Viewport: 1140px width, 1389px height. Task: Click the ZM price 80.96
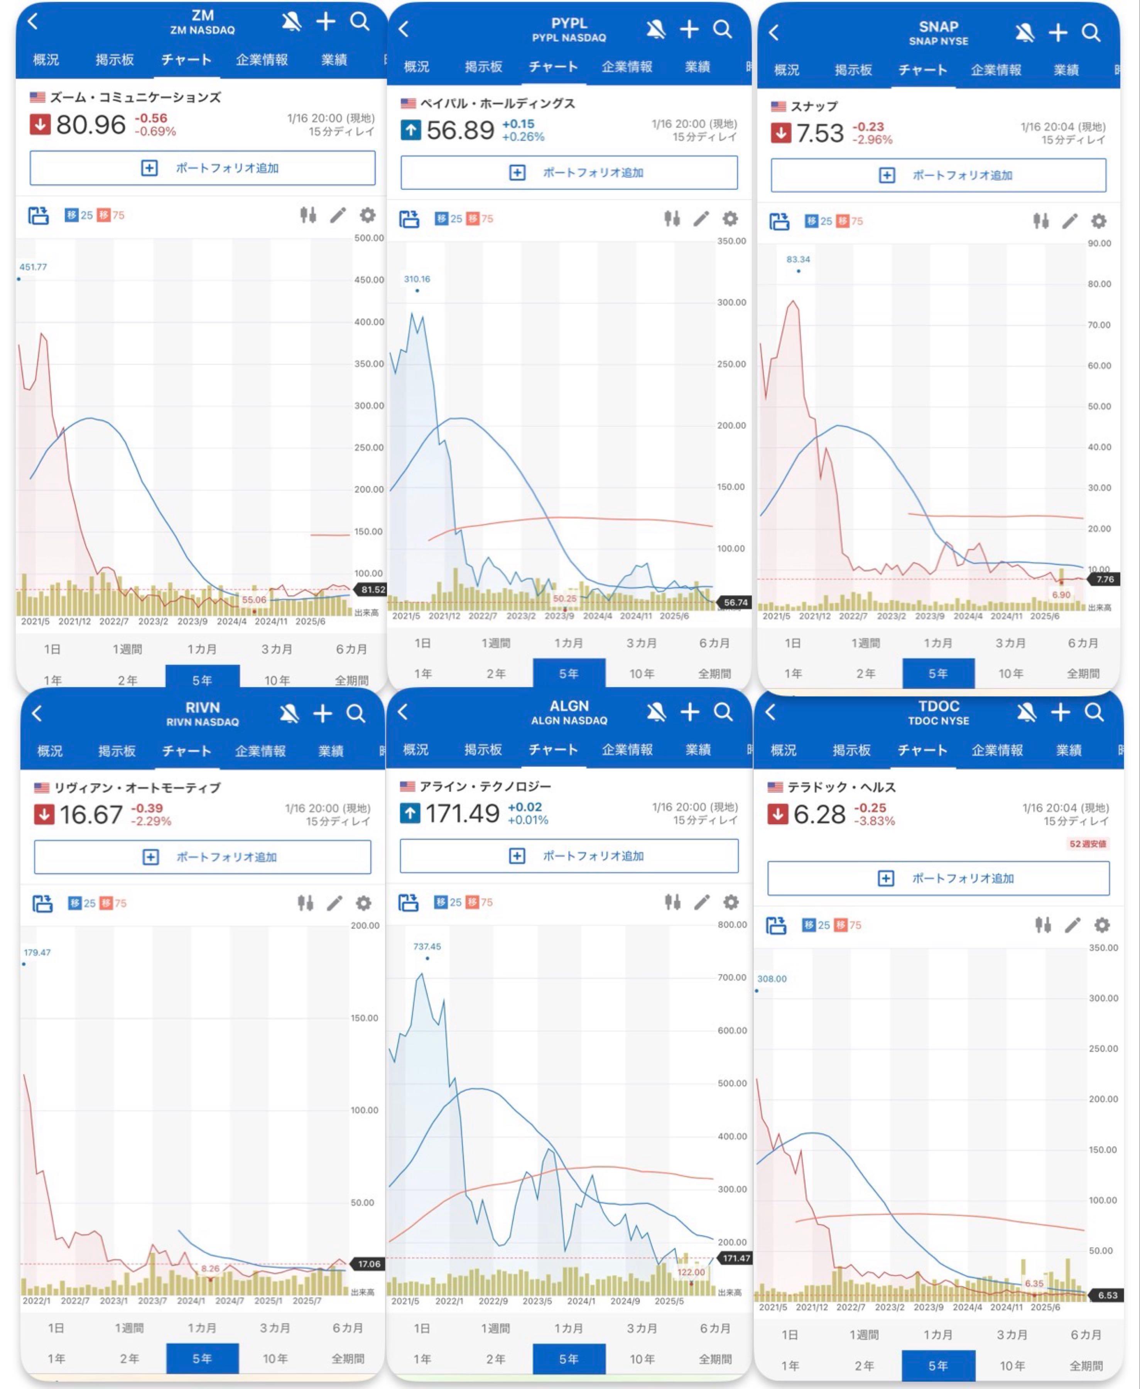click(x=91, y=124)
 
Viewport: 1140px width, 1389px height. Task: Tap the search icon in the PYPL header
click(x=722, y=29)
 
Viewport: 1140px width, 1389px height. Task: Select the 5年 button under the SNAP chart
click(x=938, y=673)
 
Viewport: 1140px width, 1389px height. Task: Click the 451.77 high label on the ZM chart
click(x=33, y=267)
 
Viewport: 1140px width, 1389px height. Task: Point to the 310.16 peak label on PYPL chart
click(x=417, y=279)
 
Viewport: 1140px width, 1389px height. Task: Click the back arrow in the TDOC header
click(x=771, y=712)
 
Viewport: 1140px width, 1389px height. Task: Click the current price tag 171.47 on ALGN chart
click(x=735, y=1258)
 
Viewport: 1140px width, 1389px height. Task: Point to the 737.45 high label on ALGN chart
click(x=427, y=946)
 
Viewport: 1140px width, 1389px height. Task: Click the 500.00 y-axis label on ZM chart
click(x=369, y=238)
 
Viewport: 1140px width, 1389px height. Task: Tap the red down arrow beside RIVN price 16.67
click(x=44, y=815)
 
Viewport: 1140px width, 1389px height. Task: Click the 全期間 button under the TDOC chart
click(x=1086, y=1366)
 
